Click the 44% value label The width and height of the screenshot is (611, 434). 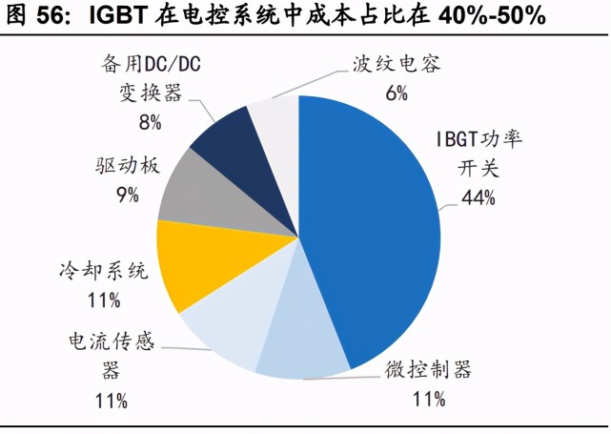(479, 197)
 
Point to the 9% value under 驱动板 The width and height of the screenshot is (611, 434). (127, 195)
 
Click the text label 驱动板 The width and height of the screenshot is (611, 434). (129, 166)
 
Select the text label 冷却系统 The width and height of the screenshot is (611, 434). (103, 272)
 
